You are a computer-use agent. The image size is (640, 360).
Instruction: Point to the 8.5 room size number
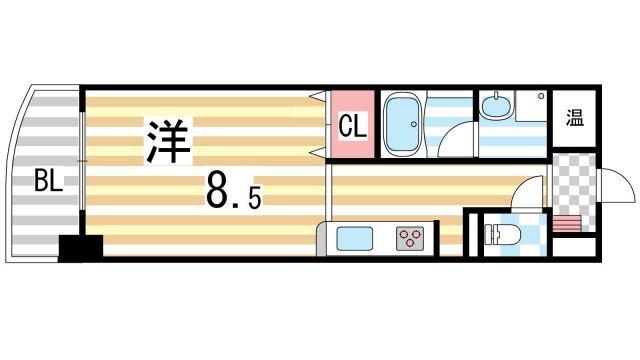pos(234,192)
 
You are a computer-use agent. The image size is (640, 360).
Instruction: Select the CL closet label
pos(351,127)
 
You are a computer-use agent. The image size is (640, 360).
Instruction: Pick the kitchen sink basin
pos(355,238)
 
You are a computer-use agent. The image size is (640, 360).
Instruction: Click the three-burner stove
pos(410,238)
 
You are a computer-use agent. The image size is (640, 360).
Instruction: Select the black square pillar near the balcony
pos(81,247)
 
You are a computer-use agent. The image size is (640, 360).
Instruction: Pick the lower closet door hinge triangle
pos(318,152)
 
